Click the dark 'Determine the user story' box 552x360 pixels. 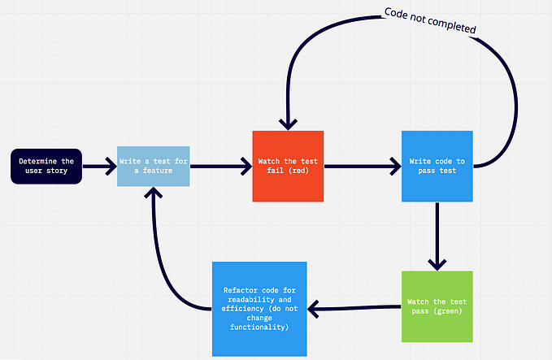[46, 167]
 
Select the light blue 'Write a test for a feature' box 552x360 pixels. [154, 166]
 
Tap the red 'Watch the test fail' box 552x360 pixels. [288, 167]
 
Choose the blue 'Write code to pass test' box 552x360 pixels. [437, 166]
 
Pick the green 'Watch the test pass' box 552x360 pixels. [437, 306]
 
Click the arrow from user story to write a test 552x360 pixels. [99, 167]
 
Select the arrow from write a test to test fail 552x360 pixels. [219, 167]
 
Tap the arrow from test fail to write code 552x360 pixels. [362, 167]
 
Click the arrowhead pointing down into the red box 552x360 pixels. [288, 123]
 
